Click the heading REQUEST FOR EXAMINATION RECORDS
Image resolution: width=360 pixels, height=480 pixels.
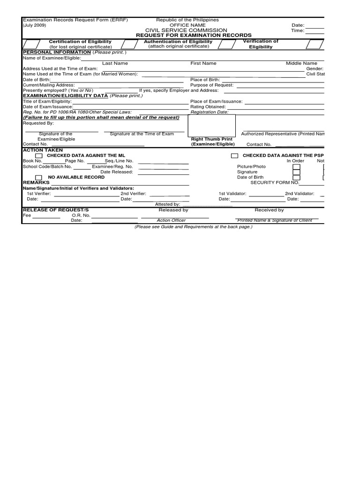click(194, 36)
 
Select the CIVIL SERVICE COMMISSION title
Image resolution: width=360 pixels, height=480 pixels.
click(186, 30)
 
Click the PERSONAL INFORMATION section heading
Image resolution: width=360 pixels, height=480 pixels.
click(57, 52)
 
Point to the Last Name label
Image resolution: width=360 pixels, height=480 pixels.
click(115, 63)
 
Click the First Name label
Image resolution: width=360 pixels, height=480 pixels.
click(203, 63)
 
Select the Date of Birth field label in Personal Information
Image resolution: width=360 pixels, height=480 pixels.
click(37, 80)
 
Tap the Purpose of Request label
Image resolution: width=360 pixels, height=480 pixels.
click(212, 85)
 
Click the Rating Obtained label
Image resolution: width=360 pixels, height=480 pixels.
click(208, 107)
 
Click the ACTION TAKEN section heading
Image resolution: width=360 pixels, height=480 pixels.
click(43, 150)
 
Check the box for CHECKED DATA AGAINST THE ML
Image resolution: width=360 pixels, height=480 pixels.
click(39, 156)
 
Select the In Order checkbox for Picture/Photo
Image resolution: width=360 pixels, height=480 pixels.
click(296, 166)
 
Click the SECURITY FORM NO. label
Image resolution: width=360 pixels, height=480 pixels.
click(275, 182)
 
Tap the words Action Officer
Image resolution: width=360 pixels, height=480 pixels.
click(171, 220)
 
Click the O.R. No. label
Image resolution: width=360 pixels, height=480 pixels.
click(80, 216)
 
